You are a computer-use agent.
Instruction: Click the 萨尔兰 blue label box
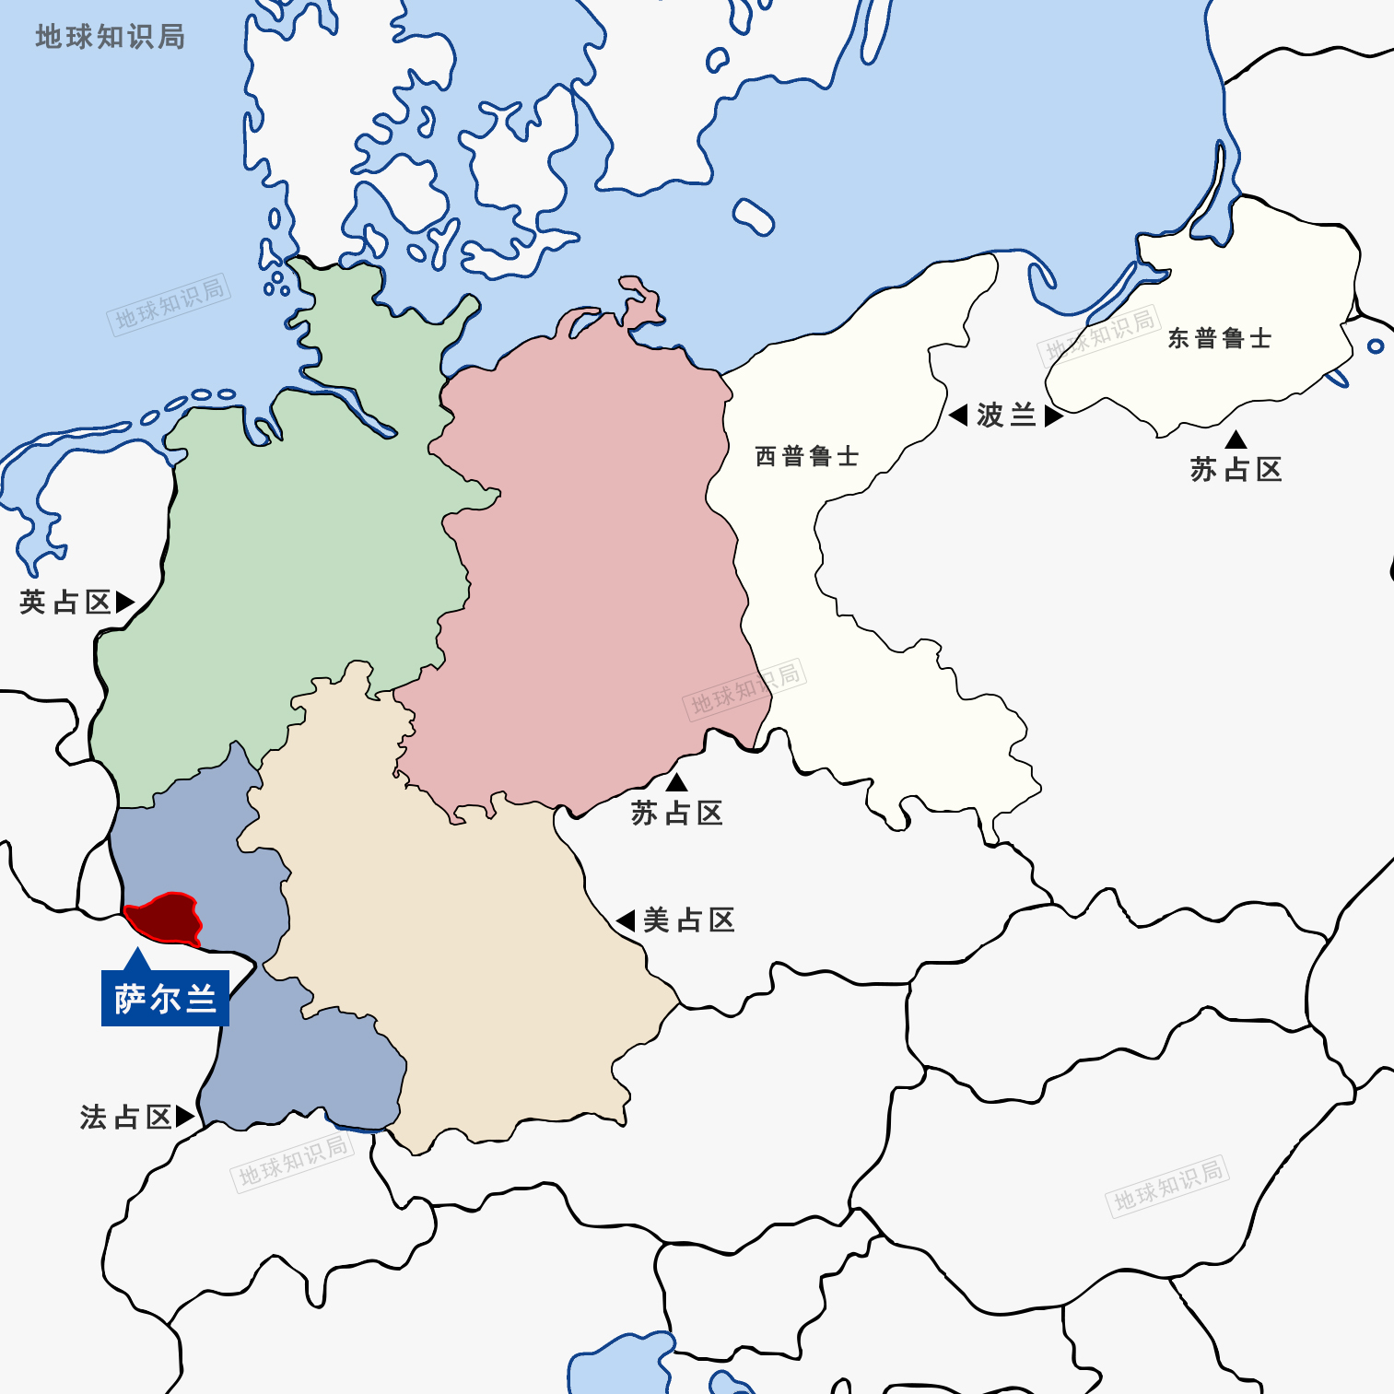coord(165,999)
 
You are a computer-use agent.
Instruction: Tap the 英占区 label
coord(64,603)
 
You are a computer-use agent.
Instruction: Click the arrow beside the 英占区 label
coord(124,603)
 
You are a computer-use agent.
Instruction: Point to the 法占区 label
coord(125,1118)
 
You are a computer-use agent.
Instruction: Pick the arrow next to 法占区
coord(184,1117)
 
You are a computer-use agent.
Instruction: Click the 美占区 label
coord(688,920)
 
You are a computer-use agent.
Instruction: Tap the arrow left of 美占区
coord(627,920)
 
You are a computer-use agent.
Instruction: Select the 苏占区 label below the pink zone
coord(676,814)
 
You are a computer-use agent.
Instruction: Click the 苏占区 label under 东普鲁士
coord(1236,470)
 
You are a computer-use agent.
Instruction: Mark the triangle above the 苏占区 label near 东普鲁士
coord(1236,440)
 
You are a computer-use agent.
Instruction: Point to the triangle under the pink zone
coord(677,783)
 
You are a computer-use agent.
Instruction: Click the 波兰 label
coord(1006,416)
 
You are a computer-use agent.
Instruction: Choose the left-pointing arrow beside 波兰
coord(958,416)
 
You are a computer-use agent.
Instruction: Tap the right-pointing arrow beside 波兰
coord(1054,416)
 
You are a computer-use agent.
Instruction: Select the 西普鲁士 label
coord(806,456)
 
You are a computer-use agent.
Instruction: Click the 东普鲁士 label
coord(1219,339)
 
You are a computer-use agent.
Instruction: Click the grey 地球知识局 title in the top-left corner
coord(110,37)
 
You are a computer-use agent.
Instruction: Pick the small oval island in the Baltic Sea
coord(754,217)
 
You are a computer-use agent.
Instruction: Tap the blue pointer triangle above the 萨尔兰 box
coord(137,958)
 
